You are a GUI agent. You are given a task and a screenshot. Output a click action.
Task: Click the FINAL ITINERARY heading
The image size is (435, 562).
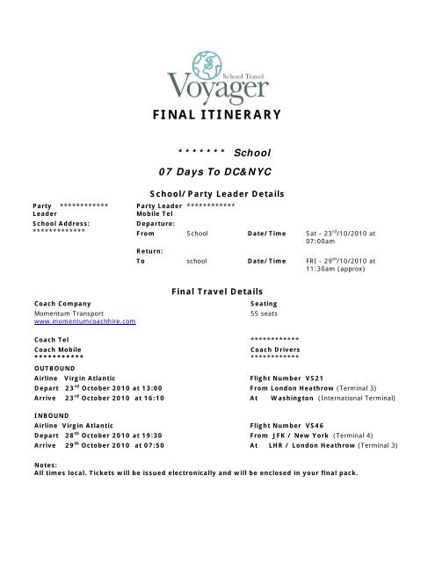tap(217, 114)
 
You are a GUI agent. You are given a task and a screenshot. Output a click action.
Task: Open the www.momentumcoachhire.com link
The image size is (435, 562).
tap(84, 323)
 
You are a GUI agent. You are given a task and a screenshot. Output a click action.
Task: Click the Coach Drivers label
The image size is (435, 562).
tap(279, 349)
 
